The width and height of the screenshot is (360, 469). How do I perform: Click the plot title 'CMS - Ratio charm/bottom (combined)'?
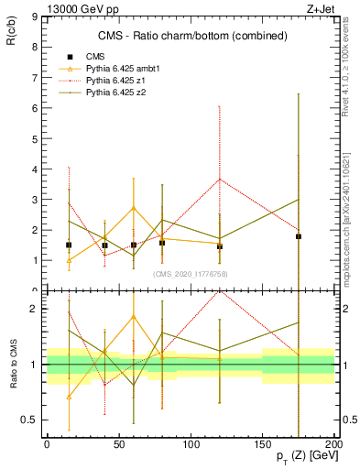click(192, 37)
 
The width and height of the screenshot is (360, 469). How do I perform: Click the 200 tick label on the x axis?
click(334, 444)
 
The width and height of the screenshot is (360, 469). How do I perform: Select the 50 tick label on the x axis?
click(118, 444)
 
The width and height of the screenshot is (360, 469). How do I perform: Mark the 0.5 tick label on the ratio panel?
click(28, 420)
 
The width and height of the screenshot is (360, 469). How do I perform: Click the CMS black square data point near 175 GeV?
click(299, 236)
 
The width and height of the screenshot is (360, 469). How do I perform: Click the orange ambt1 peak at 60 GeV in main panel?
click(134, 208)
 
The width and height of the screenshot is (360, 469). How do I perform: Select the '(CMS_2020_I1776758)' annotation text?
click(190, 273)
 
